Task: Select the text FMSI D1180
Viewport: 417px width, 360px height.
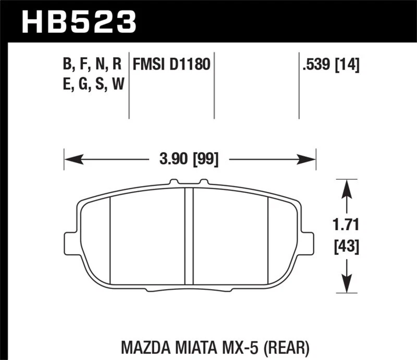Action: (171, 65)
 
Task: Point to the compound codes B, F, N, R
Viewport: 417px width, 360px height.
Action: (92, 65)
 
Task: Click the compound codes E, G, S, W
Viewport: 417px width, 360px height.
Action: (92, 84)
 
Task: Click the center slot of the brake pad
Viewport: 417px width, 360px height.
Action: (189, 234)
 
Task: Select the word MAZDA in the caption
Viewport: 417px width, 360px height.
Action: (141, 346)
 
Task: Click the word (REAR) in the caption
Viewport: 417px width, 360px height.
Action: (289, 346)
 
